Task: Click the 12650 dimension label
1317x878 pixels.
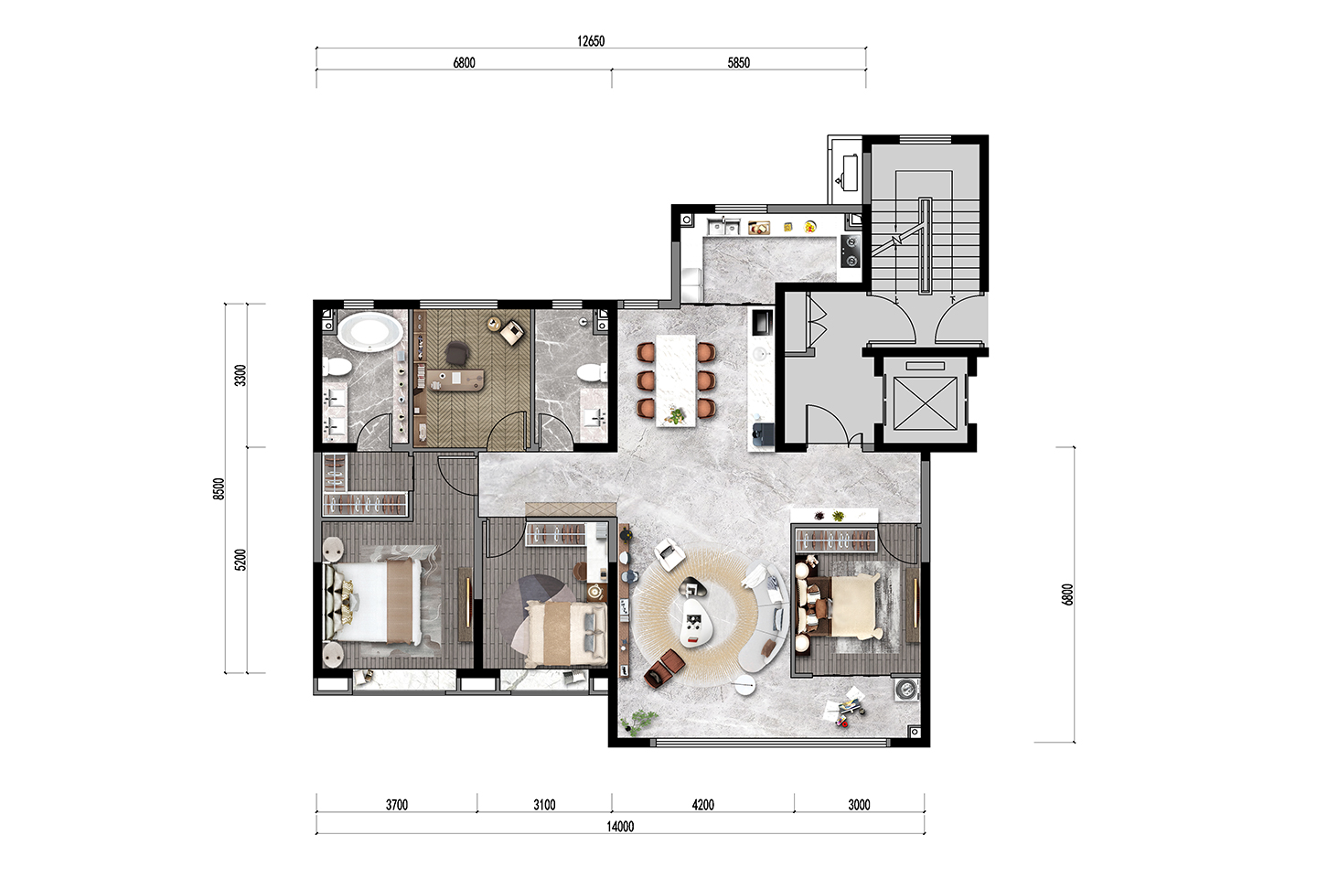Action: [590, 41]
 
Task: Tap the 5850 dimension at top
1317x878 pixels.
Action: [738, 63]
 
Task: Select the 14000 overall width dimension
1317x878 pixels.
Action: [620, 827]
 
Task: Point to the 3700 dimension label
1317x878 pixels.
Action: [397, 805]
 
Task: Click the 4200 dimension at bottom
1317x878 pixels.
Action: [702, 805]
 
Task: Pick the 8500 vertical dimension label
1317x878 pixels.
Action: [219, 488]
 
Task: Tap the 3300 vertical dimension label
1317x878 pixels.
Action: [241, 375]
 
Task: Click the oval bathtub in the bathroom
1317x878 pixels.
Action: [369, 332]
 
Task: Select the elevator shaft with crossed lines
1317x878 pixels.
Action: [925, 403]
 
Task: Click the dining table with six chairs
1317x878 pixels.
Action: [676, 380]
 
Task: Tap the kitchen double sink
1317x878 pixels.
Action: [723, 226]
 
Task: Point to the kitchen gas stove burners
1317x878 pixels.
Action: [851, 251]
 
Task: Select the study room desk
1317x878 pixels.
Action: [455, 380]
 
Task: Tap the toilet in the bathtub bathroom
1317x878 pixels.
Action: [337, 367]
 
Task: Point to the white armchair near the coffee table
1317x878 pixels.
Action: [669, 554]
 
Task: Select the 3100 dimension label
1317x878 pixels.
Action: [544, 805]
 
